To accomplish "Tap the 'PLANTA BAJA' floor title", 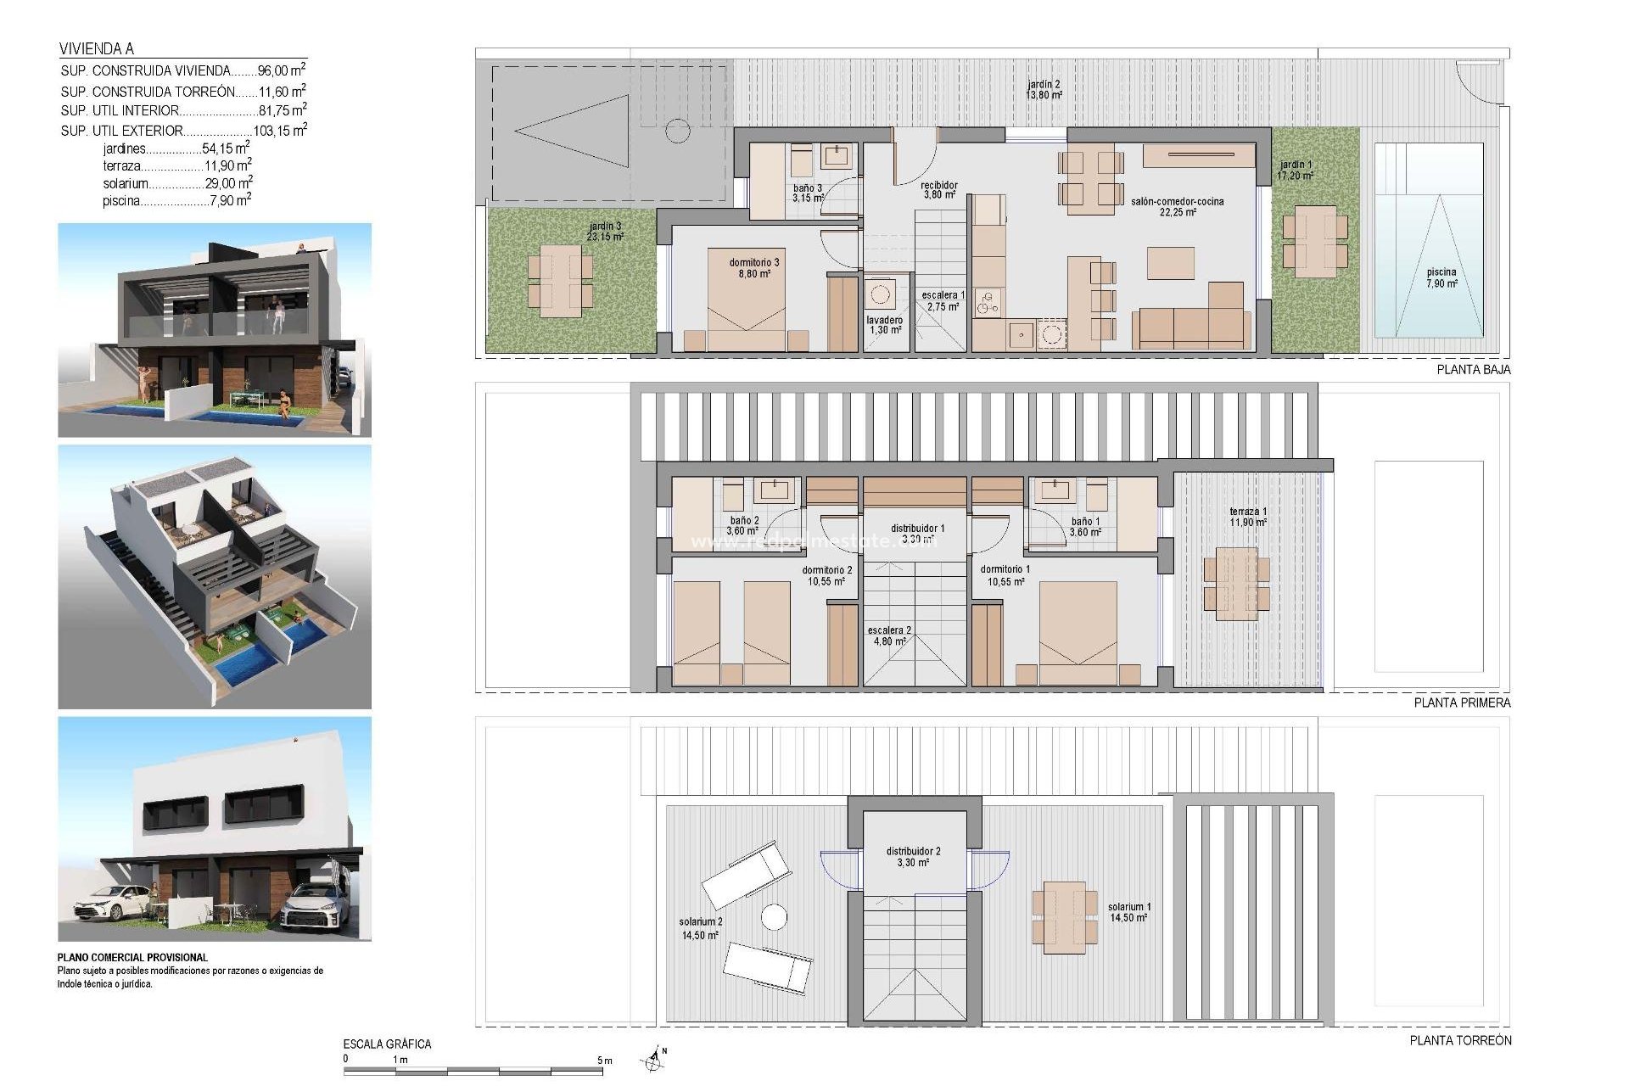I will (x=1473, y=370).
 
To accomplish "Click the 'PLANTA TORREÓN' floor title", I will (x=1460, y=1040).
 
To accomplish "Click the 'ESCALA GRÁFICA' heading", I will (x=387, y=1044).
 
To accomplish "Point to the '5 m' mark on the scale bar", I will (x=604, y=1061).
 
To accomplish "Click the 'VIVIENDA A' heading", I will (x=97, y=49).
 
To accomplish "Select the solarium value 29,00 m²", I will (x=228, y=183).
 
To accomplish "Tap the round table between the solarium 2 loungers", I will (x=773, y=917).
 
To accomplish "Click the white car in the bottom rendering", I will (x=110, y=902).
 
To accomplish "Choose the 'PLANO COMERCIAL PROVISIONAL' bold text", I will (x=132, y=957).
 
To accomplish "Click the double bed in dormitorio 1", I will (x=1078, y=632).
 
